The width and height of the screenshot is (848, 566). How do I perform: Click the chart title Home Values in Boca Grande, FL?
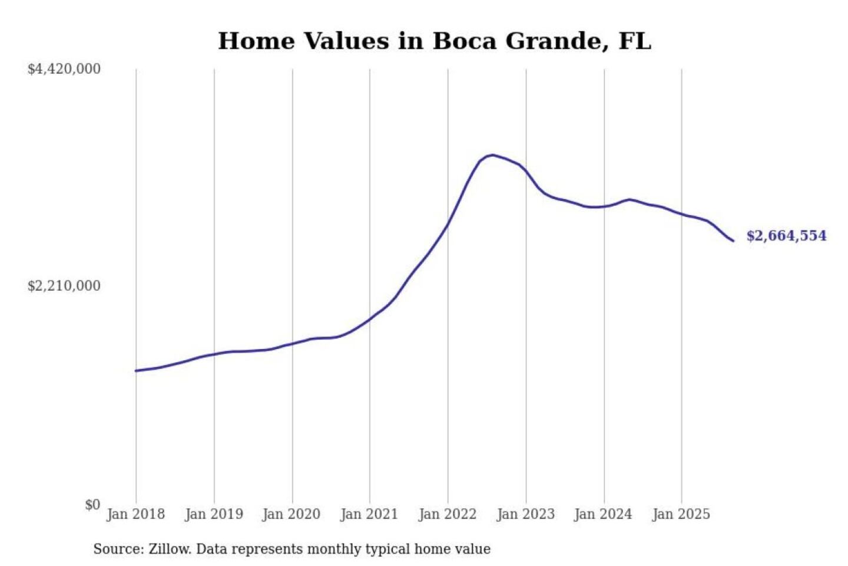coord(435,41)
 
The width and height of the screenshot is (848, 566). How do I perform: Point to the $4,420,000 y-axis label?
coord(64,69)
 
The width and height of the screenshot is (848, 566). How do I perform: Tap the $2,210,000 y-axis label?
coord(64,286)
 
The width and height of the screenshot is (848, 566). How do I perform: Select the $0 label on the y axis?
coord(92,505)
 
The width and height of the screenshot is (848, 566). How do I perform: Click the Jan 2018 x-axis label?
coord(135,514)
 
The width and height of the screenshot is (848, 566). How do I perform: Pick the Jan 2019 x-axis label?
coord(214,514)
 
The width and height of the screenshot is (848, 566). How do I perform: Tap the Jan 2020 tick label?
coord(291,514)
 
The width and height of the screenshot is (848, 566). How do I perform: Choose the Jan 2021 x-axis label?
coord(369,514)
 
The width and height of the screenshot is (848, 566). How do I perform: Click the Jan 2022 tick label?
coord(447,514)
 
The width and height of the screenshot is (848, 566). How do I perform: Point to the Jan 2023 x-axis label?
coord(525,514)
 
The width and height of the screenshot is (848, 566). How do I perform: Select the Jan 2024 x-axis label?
coord(603,514)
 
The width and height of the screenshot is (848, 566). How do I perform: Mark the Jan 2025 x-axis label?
coord(681,514)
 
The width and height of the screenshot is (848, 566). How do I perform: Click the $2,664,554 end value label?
coord(786,236)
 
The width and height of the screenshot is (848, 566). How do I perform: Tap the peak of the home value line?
coord(492,155)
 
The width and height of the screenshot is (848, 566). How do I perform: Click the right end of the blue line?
coord(733,241)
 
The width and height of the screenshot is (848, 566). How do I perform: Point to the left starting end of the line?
coord(137,371)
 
